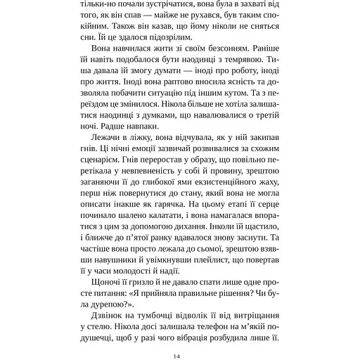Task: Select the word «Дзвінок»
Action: (x=112, y=340)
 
